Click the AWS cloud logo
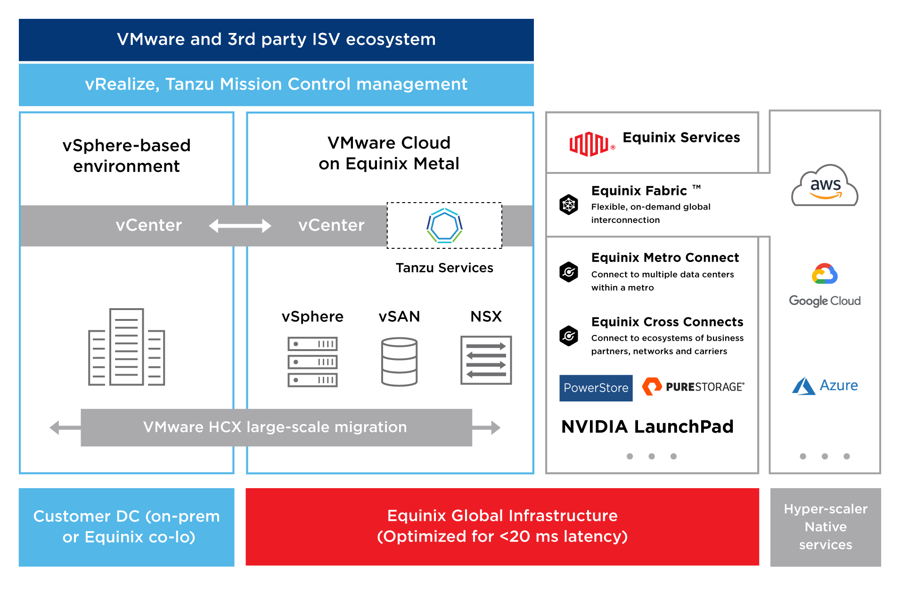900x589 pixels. (825, 186)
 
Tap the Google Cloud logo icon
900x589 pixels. (825, 274)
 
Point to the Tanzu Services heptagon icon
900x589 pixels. (444, 226)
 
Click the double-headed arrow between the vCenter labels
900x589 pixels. (240, 226)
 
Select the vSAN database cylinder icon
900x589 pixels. (399, 361)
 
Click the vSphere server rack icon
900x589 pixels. (312, 361)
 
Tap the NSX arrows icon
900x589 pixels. (486, 360)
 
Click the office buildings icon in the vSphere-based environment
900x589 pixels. (126, 347)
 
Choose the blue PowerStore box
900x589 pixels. (596, 388)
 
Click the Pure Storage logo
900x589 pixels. (693, 387)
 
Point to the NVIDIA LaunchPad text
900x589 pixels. (647, 426)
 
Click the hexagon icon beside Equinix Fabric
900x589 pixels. (569, 205)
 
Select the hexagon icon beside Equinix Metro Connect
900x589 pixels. (569, 272)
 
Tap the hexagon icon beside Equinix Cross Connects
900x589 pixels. (569, 336)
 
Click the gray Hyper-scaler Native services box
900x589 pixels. (825, 527)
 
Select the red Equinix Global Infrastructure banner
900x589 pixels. (502, 526)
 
